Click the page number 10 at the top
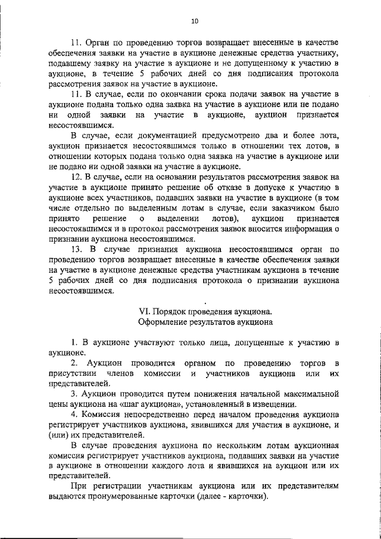[x=194, y=21]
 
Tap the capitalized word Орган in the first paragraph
[x=100, y=44]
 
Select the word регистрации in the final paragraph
[x=114, y=469]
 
